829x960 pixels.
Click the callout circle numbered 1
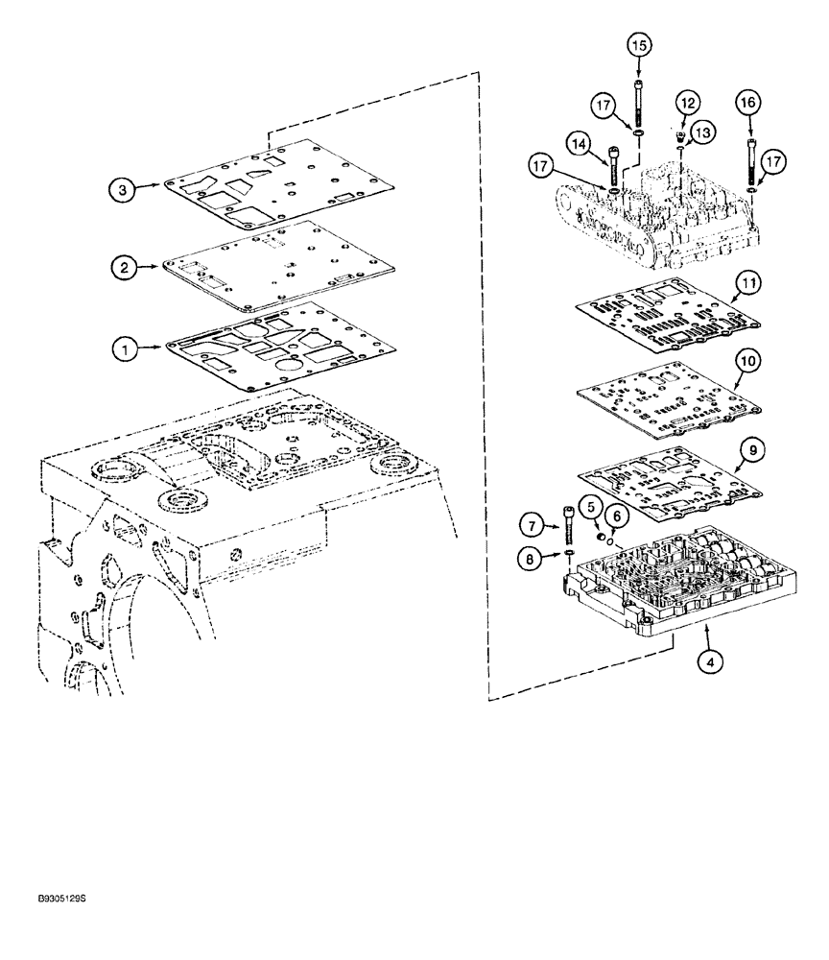(x=123, y=350)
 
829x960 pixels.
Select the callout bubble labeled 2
(x=123, y=270)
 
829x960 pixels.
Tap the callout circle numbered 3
(x=123, y=190)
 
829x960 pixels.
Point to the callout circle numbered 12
(x=687, y=101)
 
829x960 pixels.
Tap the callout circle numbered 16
(x=748, y=101)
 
